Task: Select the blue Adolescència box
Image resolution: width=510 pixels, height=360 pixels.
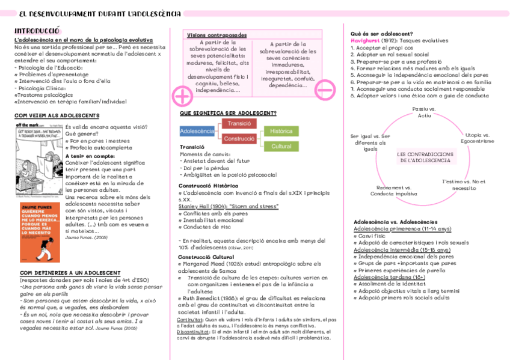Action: (197, 131)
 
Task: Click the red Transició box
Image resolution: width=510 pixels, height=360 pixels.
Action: (239, 123)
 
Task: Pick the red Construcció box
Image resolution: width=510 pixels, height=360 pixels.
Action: (239, 139)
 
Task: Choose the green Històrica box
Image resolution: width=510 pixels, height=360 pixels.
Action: (281, 131)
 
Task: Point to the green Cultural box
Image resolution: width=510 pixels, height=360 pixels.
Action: (281, 147)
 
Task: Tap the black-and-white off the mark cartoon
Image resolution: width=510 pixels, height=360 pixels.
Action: (37, 159)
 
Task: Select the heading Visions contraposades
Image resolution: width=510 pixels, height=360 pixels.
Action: (212, 35)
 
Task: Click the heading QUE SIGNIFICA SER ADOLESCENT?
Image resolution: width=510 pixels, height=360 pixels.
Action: (228, 113)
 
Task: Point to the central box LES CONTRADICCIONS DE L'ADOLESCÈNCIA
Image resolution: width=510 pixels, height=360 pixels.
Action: (426, 157)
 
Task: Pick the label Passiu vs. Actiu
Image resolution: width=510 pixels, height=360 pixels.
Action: (425, 112)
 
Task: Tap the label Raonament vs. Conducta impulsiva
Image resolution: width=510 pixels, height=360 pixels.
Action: (393, 191)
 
